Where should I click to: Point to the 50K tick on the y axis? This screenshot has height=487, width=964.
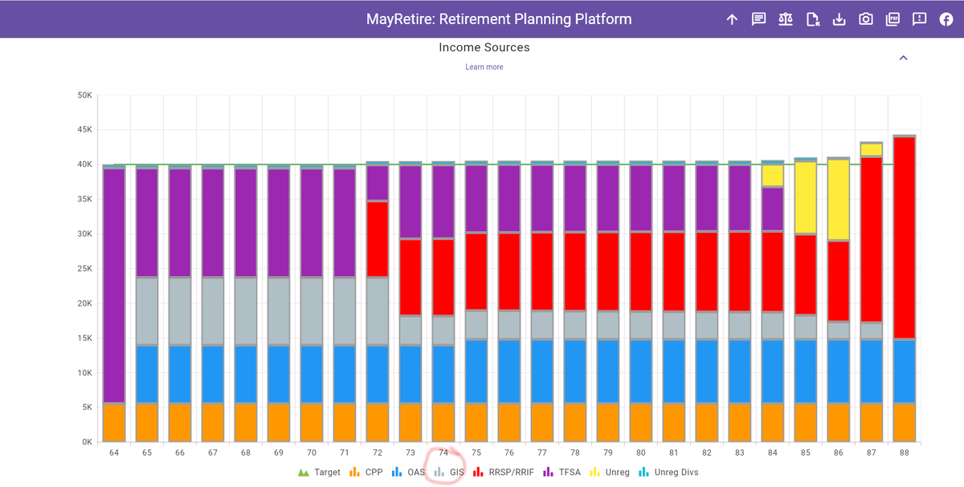[84, 95]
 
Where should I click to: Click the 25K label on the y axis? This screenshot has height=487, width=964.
[84, 269]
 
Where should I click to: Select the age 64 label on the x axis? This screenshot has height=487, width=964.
[114, 453]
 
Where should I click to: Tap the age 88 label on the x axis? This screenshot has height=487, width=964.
[905, 453]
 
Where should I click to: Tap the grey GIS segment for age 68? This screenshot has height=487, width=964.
[246, 311]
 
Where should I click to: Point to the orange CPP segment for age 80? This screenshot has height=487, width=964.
[641, 422]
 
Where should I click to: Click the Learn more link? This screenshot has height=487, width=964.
[484, 67]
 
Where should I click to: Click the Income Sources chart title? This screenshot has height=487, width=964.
[484, 47]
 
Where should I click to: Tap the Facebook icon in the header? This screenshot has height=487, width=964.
[946, 19]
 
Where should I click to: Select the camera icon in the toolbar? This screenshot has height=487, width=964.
[866, 19]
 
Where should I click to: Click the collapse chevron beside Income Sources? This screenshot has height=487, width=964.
[904, 58]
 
